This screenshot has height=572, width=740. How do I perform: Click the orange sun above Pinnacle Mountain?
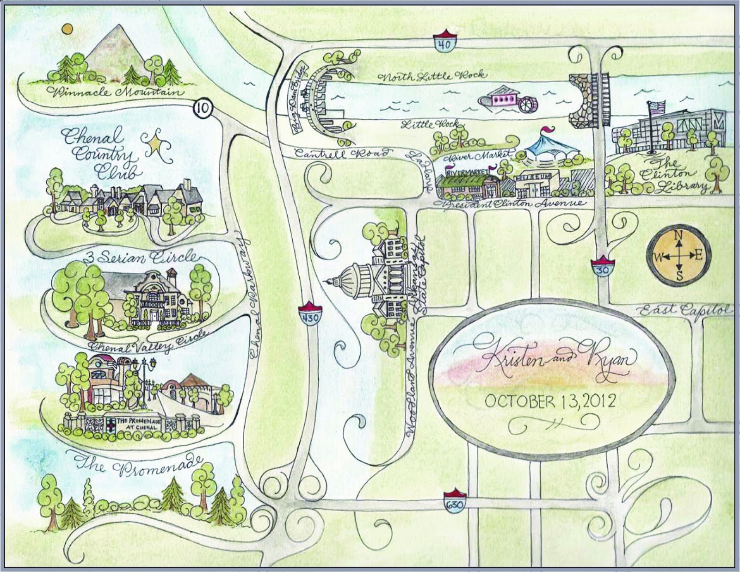(68, 30)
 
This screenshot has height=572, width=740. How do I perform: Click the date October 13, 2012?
(550, 401)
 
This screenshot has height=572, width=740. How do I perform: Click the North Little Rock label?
(432, 77)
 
